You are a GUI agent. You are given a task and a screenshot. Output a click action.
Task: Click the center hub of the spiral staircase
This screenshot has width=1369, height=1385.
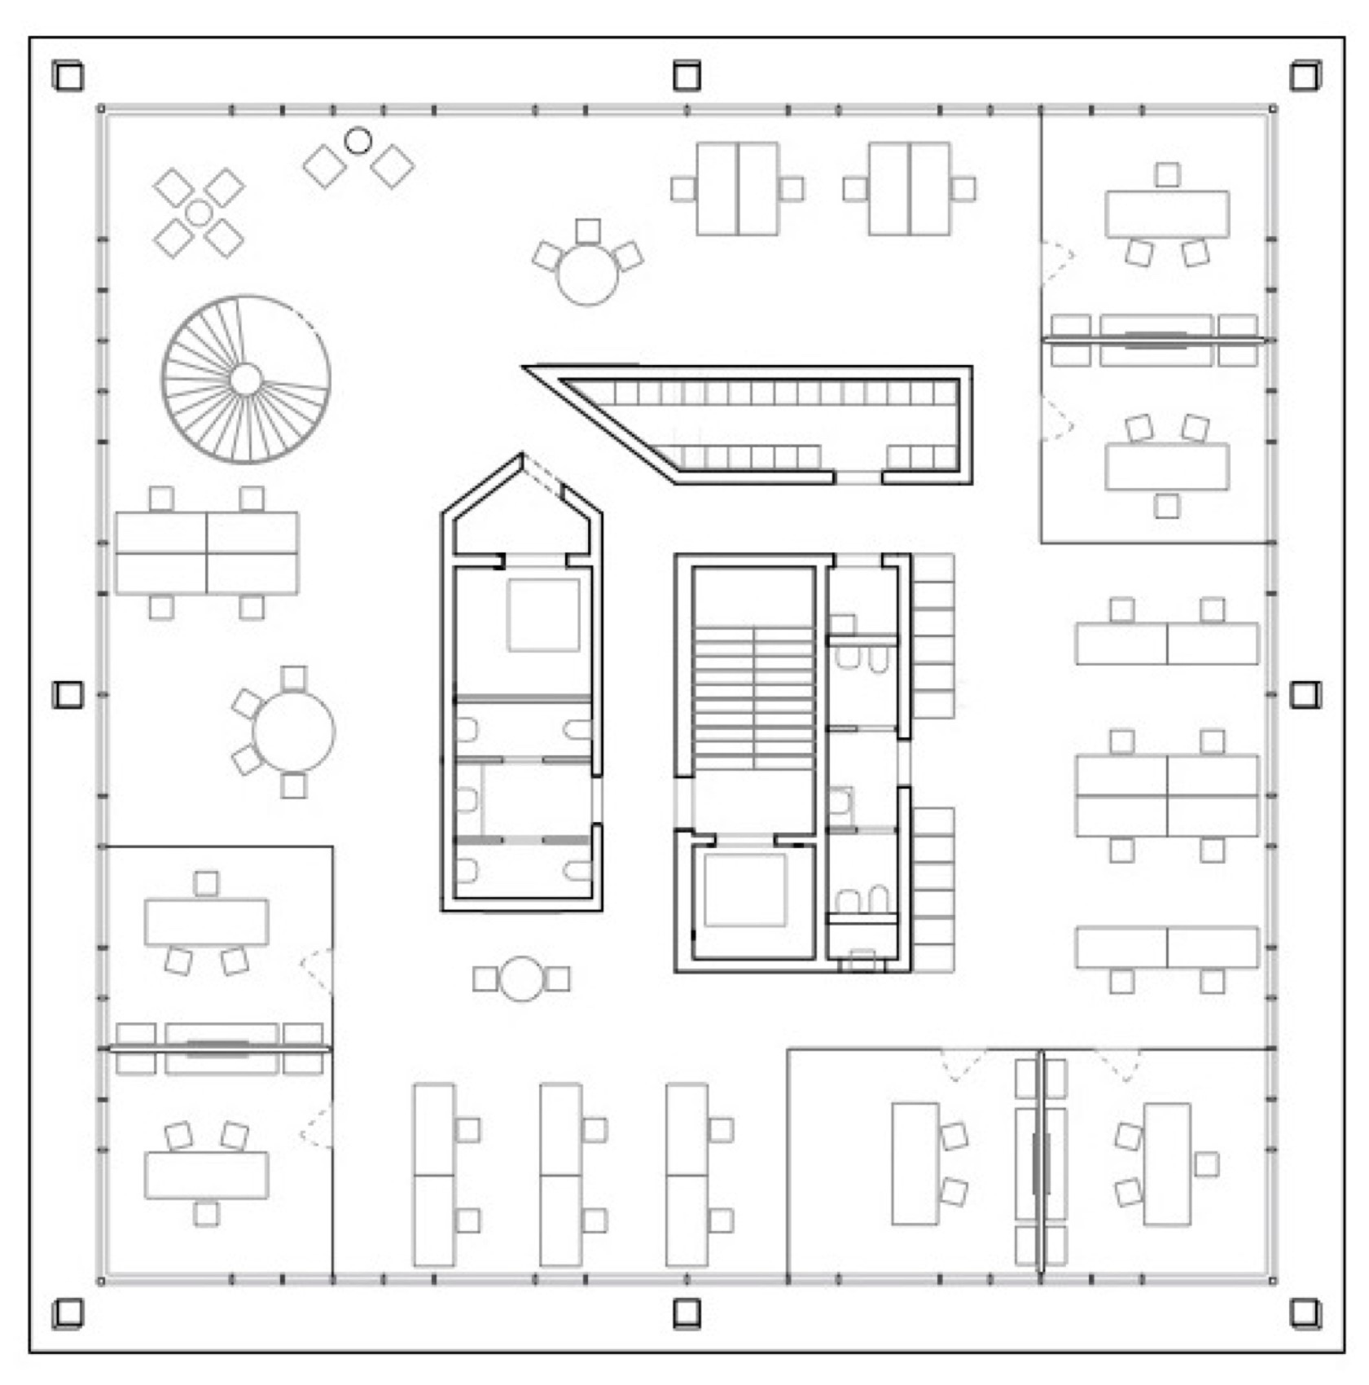(246, 380)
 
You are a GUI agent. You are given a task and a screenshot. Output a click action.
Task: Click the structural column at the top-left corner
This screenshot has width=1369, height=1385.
(68, 77)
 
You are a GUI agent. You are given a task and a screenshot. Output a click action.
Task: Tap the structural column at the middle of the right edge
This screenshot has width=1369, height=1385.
(1305, 695)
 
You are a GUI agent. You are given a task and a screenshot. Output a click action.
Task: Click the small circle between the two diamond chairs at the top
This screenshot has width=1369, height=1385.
(358, 141)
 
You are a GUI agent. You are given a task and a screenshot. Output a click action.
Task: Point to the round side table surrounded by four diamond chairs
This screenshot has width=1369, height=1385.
(199, 213)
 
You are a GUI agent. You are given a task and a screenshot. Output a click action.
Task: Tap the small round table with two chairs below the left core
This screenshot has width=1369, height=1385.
(521, 978)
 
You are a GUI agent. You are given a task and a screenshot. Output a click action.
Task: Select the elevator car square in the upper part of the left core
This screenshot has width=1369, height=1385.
(543, 615)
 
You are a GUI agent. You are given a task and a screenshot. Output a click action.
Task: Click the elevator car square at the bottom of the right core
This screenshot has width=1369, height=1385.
(744, 890)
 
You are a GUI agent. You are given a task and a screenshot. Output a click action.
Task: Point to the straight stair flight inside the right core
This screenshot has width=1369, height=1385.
(754, 698)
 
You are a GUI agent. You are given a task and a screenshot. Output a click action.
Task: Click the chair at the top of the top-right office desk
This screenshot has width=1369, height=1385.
(1167, 174)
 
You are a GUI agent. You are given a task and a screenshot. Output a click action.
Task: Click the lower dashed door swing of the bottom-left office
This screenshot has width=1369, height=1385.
(316, 1128)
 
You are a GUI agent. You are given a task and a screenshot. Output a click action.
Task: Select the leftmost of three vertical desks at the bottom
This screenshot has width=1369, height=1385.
(434, 1174)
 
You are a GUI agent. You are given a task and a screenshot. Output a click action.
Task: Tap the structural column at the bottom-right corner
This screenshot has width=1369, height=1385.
(1305, 1312)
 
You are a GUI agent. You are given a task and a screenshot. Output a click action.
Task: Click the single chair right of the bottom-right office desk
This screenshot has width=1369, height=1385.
(1206, 1164)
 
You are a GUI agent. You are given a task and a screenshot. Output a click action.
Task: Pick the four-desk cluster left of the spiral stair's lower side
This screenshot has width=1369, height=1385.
(207, 553)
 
